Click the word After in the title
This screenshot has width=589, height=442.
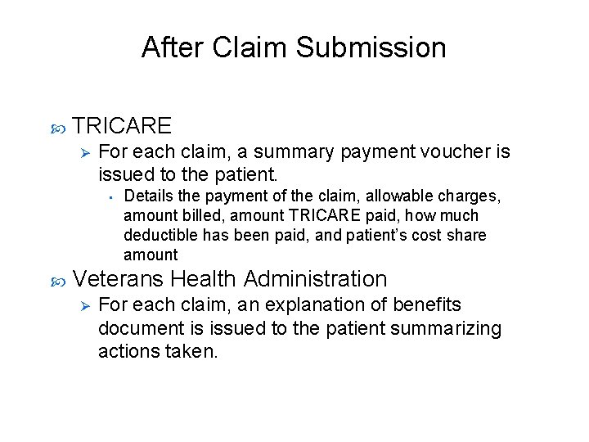[173, 47]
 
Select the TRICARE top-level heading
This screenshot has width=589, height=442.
[122, 125]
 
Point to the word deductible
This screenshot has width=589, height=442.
[157, 236]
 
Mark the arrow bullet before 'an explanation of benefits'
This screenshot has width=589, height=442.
[80, 306]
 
